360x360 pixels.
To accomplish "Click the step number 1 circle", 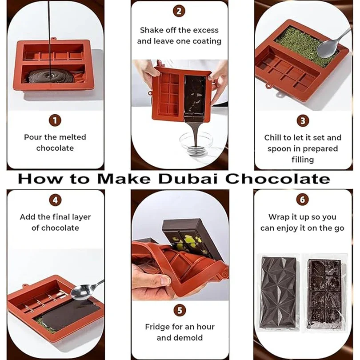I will click(x=55, y=120).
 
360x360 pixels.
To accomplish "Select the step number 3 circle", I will click(x=303, y=120).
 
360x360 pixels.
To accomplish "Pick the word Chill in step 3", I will click(x=274, y=138).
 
